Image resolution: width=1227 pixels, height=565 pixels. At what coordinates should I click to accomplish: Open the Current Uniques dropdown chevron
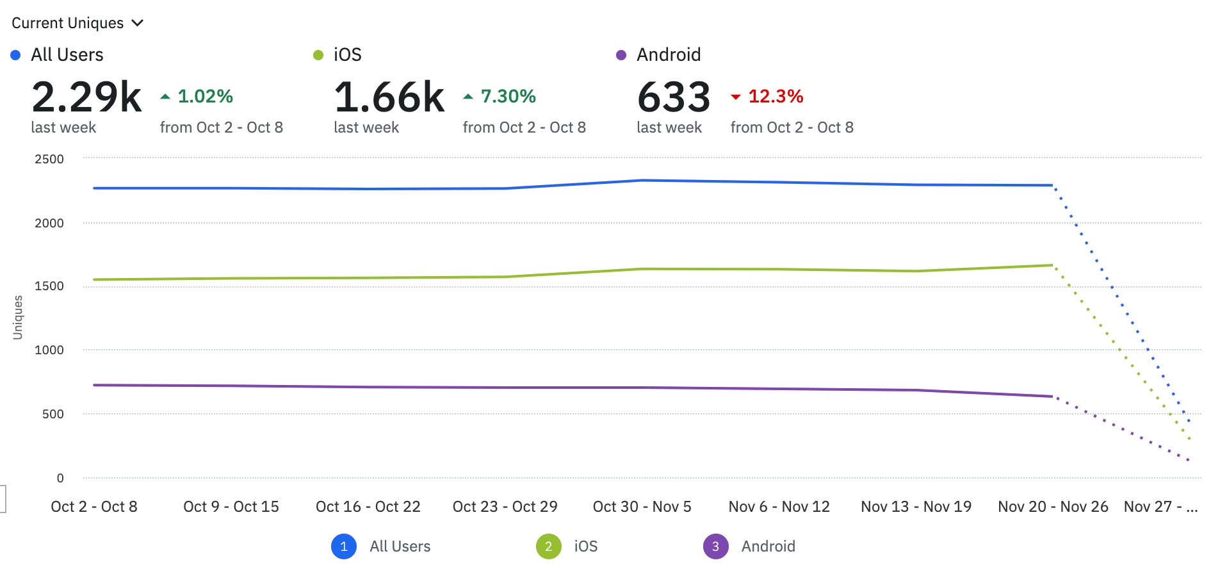point(137,23)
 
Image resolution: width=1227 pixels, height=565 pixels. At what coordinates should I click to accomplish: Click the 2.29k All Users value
point(86,97)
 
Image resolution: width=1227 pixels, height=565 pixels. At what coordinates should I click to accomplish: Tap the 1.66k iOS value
point(389,97)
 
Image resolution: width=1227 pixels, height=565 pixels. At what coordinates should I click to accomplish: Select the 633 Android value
point(674,97)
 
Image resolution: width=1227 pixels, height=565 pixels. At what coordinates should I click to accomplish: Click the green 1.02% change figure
point(205,96)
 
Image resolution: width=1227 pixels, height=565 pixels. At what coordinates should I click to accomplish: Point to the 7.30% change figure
point(508,96)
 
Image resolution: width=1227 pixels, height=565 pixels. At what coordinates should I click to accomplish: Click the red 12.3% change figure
point(776,96)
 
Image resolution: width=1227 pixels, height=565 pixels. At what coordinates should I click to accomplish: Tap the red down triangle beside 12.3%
point(736,97)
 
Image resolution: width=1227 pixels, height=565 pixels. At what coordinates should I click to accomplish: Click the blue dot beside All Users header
point(16,55)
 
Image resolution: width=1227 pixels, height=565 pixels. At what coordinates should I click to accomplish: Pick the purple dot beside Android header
point(621,55)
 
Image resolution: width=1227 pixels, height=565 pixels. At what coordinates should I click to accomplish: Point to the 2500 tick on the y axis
point(49,159)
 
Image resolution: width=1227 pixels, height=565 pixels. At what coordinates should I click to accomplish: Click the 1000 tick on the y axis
point(49,350)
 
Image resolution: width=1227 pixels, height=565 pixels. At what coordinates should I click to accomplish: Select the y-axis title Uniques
point(18,317)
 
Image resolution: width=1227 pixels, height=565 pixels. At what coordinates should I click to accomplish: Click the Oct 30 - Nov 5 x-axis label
point(642,507)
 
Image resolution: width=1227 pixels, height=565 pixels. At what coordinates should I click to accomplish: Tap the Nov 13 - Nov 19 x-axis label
point(916,507)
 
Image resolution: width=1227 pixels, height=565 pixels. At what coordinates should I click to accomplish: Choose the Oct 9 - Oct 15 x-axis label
point(231,507)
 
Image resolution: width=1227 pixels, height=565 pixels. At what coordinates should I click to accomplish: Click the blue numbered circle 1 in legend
point(344,546)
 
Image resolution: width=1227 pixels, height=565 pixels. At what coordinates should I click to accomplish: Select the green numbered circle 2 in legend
point(549,546)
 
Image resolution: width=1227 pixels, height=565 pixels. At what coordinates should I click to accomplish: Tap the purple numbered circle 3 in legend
point(715,546)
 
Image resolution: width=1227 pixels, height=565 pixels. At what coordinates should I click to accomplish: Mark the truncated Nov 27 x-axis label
point(1160,507)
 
